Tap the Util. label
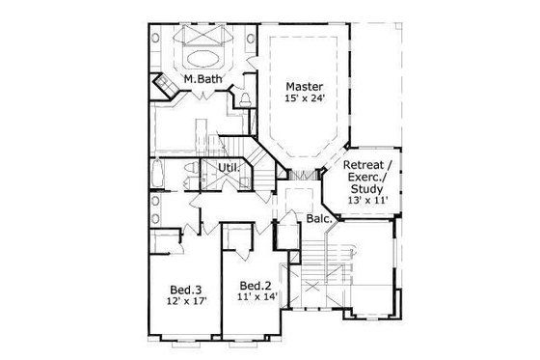(228, 167)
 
